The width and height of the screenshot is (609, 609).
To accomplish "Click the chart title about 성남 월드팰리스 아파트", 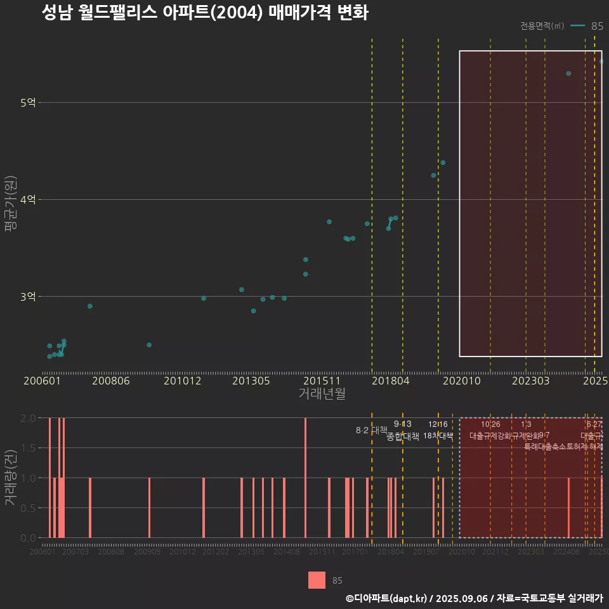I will [x=205, y=13].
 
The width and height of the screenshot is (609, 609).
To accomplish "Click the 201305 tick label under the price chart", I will [x=251, y=381].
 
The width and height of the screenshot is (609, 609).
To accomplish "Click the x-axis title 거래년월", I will [x=322, y=394].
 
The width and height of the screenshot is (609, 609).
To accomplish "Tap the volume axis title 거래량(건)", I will [x=10, y=478].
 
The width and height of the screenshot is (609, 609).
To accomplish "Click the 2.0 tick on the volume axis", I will [x=29, y=418].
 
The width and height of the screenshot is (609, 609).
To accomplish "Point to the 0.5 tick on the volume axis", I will [x=29, y=508].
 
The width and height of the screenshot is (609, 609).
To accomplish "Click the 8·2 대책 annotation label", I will [x=372, y=430].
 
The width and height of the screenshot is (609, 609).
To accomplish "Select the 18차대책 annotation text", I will [x=438, y=436].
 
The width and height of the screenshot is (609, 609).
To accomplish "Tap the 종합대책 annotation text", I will [x=403, y=436].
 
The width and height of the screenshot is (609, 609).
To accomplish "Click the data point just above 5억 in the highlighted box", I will [x=568, y=74].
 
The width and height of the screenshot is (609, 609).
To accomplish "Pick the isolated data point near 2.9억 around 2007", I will [x=90, y=306].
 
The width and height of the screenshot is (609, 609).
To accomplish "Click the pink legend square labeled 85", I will [x=317, y=580].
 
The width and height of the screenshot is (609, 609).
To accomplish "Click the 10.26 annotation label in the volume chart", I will [x=490, y=424].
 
